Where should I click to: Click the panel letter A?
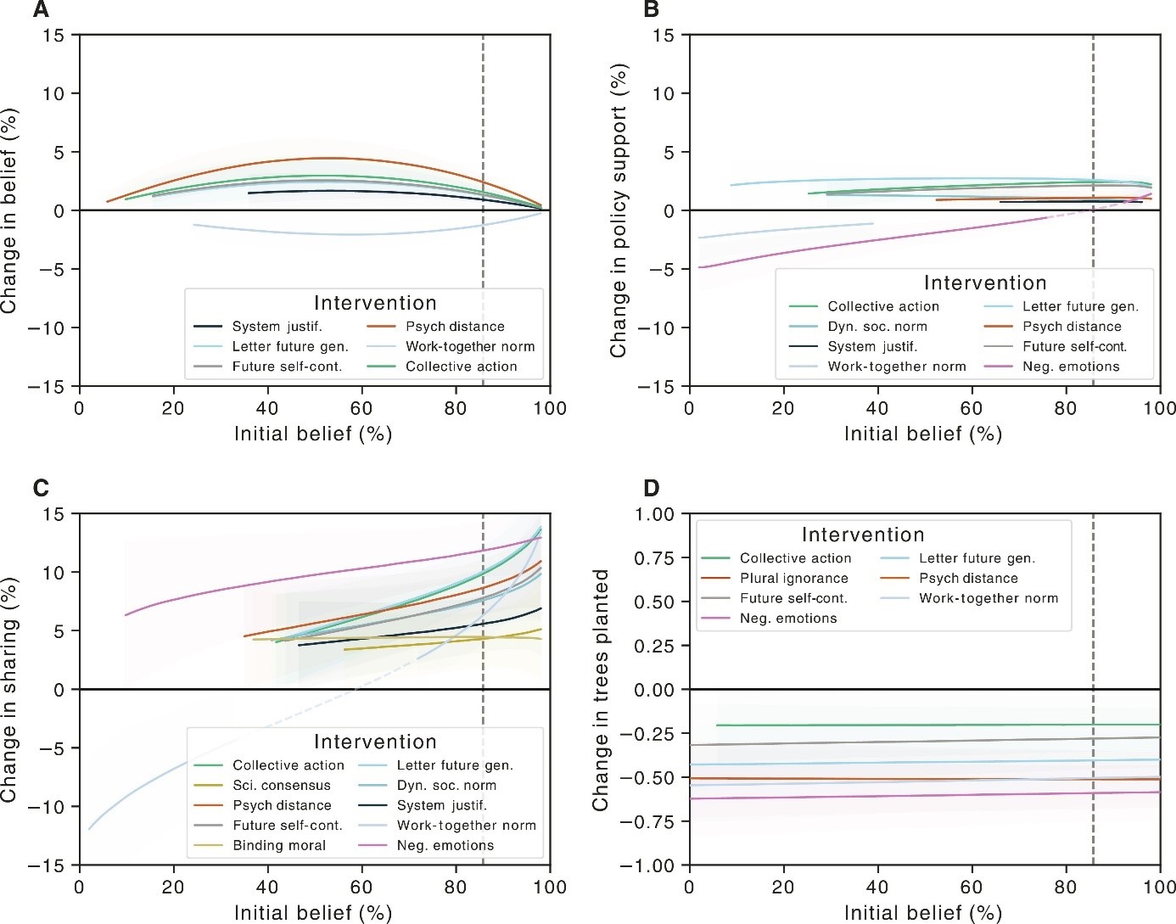click(41, 10)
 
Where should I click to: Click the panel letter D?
click(652, 488)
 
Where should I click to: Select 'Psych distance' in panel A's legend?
click(455, 327)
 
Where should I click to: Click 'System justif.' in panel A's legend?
click(277, 327)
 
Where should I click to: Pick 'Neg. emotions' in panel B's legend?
click(1071, 367)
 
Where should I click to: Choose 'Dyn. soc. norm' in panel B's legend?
click(877, 327)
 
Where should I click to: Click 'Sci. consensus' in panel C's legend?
click(282, 786)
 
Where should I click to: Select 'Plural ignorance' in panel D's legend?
click(793, 579)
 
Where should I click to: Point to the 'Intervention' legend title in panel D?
click(863, 535)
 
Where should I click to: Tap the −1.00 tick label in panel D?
click(649, 865)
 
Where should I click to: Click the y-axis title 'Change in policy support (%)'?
click(619, 210)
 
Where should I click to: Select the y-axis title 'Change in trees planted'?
click(601, 690)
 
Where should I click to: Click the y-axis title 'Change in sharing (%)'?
click(9, 690)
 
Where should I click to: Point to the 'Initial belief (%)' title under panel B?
click(923, 434)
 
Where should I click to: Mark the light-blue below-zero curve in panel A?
click(356, 234)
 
